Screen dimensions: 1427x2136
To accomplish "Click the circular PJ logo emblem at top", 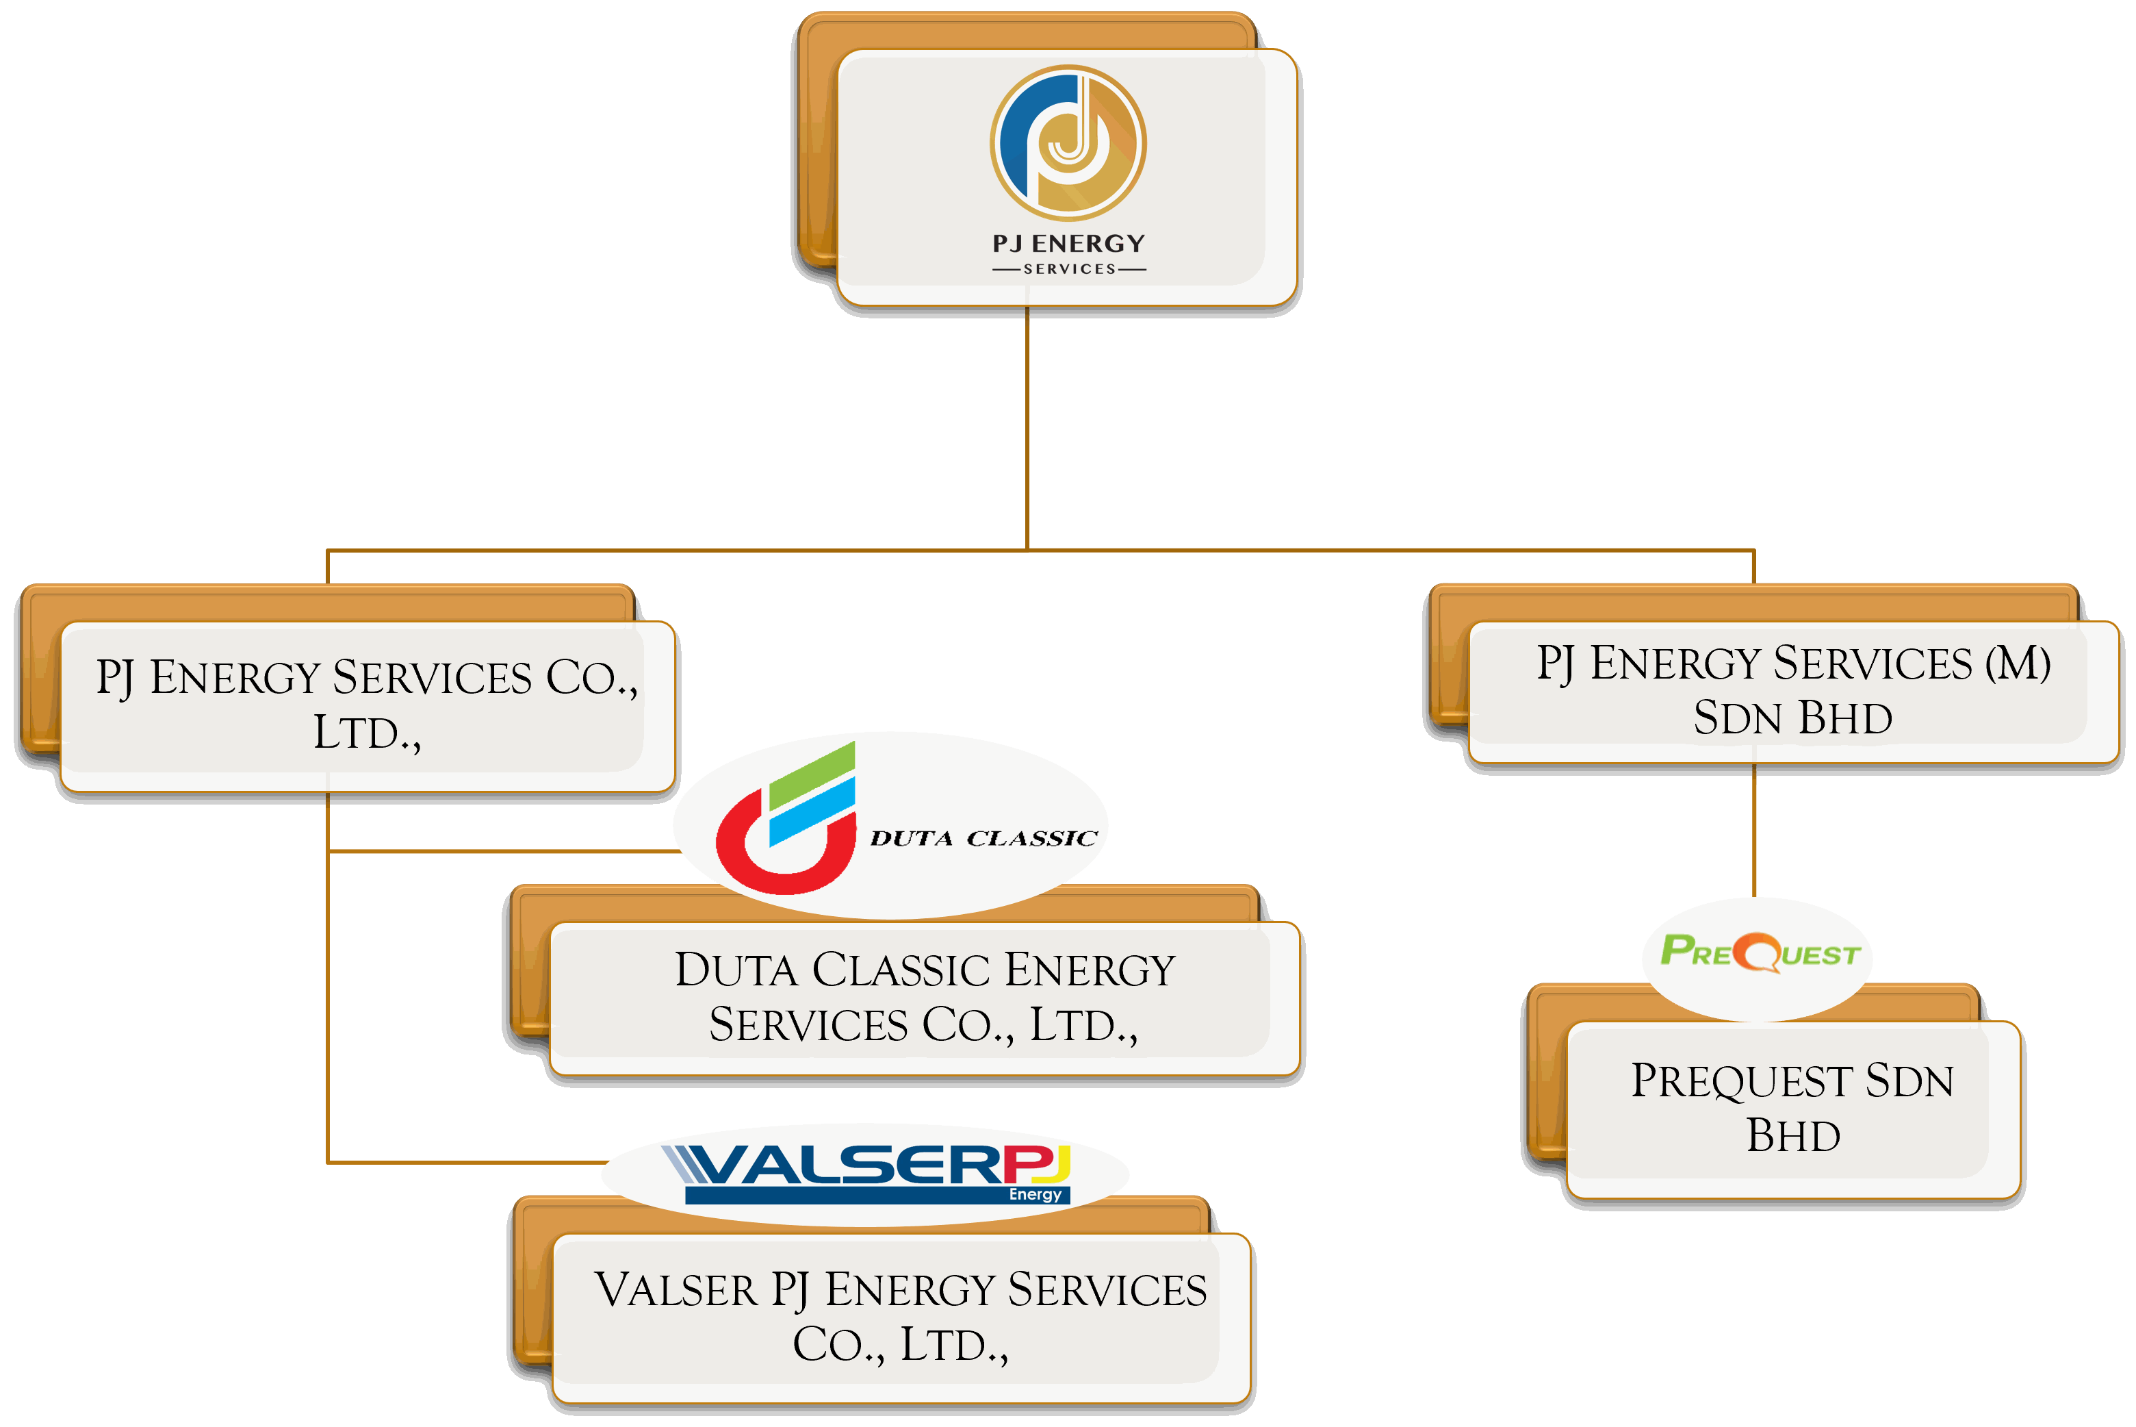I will pos(1068,143).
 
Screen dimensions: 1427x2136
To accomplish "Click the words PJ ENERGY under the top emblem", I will pos(1068,244).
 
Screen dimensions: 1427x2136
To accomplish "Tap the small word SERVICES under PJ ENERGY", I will pos(1069,269).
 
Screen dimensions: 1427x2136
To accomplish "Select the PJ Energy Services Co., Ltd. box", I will pos(367,705).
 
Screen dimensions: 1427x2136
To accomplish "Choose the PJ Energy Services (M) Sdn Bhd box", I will pos(1792,692).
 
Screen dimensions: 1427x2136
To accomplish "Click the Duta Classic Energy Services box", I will pos(923,998).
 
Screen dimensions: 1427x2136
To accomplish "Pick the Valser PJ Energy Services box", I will pos(901,1317).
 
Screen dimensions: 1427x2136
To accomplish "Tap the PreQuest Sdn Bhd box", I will pos(1792,1109).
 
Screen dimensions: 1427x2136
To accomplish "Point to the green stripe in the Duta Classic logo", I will pos(812,774).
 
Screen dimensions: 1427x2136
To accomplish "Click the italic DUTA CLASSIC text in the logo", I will pos(983,838).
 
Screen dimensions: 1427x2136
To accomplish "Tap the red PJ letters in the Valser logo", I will pos(1037,1164).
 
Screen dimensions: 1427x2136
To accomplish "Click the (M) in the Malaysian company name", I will pos(2018,664).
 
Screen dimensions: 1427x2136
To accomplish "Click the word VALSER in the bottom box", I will pos(675,1291).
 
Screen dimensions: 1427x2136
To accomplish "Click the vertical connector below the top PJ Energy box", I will pos(1027,428).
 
